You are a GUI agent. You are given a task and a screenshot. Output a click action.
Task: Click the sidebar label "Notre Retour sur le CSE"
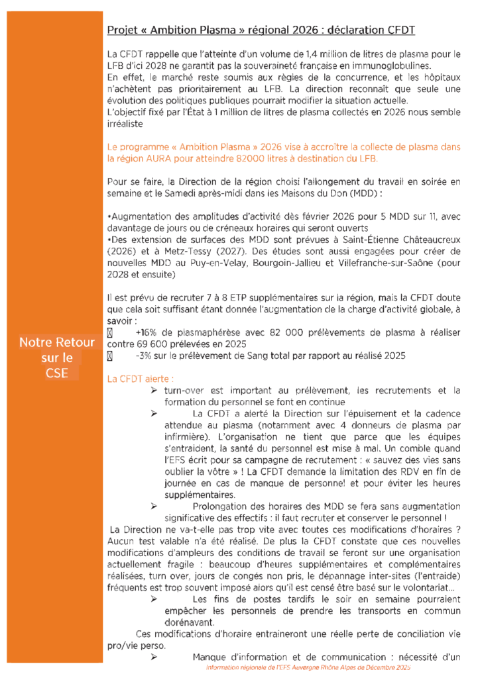[x=57, y=358]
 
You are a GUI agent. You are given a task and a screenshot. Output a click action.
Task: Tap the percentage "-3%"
[x=144, y=356]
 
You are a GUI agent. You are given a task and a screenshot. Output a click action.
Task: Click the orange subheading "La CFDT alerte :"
[x=140, y=379]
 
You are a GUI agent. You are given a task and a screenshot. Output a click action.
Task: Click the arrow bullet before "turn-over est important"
[x=153, y=391]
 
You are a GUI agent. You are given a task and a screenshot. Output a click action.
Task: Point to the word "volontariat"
[x=418, y=587]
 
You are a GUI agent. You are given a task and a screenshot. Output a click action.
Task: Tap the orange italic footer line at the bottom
[x=309, y=669]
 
